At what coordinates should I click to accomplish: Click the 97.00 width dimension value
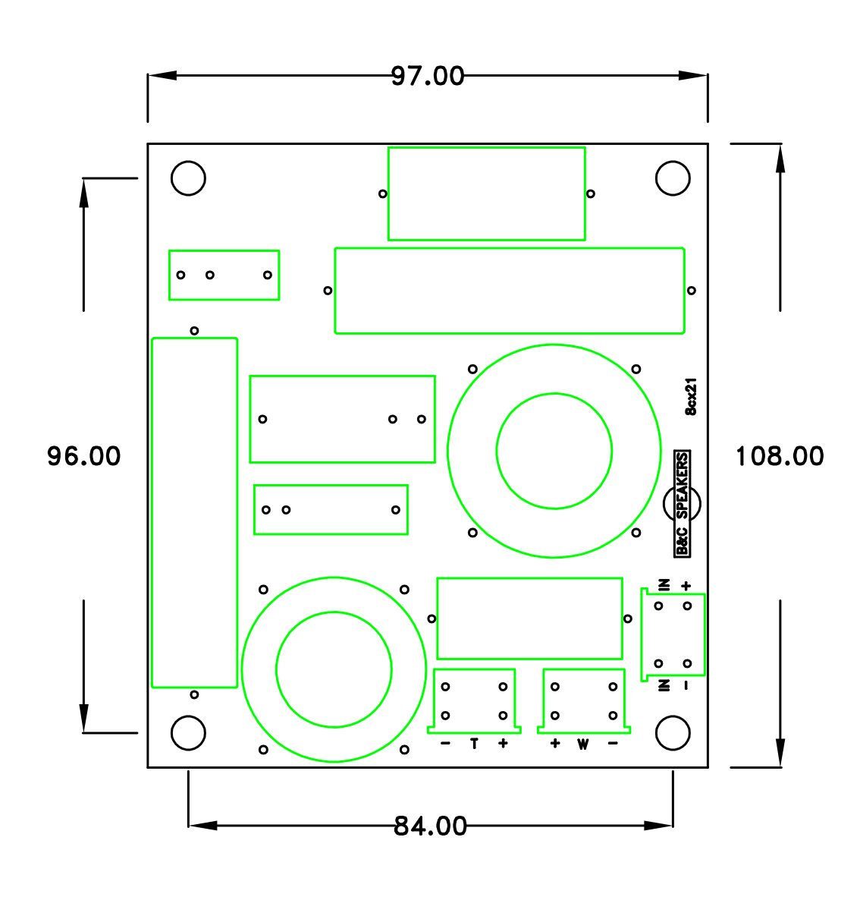tap(428, 76)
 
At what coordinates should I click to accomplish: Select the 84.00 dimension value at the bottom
tap(430, 826)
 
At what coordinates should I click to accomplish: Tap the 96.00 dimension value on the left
tap(83, 456)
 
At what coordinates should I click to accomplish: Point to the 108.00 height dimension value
tap(780, 456)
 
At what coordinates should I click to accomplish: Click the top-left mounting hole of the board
tap(188, 178)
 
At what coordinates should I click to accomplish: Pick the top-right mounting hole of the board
tap(673, 178)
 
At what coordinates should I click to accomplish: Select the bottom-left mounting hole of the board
tap(188, 733)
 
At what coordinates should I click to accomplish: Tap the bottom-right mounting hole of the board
tap(673, 733)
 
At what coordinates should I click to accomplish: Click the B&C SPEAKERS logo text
tap(683, 503)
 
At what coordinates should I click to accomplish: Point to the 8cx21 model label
tap(691, 397)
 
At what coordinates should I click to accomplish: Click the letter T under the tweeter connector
tap(475, 744)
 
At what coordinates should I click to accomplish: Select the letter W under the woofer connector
tap(582, 744)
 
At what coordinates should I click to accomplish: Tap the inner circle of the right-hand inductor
tap(554, 451)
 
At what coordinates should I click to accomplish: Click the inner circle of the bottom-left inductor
tap(334, 669)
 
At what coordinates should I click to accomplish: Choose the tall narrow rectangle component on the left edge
tap(195, 513)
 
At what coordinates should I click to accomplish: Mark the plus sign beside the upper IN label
tap(686, 585)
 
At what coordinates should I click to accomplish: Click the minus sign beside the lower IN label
tap(686, 685)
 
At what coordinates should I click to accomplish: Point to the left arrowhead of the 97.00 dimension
tap(162, 76)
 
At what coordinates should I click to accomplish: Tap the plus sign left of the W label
tap(555, 744)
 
